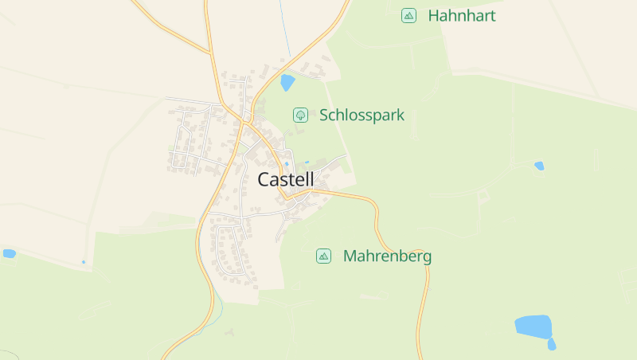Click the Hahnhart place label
pos(462,15)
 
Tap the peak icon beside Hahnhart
pos(408,15)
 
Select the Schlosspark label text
pos(361,115)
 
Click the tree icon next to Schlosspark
pos(300,115)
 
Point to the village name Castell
pos(286,180)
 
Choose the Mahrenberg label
pos(387,256)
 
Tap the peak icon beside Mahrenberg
pos(323,256)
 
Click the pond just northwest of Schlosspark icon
pos(287,82)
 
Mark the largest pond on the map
pos(533,326)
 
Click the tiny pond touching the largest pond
pos(552,343)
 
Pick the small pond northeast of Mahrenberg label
pos(539,166)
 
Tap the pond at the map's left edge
pos(9,253)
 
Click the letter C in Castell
pos(264,180)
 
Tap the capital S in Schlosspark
pos(325,115)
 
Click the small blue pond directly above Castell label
pos(287,164)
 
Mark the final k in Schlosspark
pos(401,115)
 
